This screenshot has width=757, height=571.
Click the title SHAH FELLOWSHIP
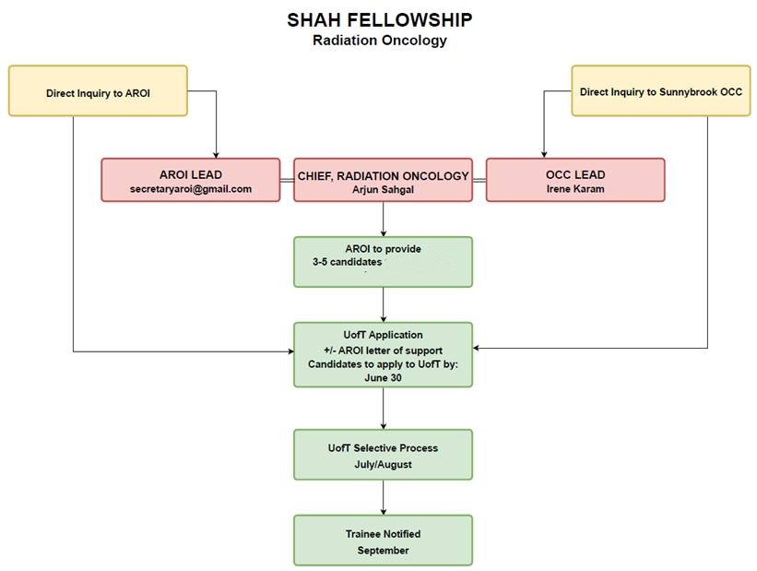(379, 19)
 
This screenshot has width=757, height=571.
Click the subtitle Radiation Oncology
(379, 41)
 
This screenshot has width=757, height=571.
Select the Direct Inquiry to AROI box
(98, 91)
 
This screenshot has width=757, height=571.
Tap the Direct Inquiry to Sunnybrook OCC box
(660, 91)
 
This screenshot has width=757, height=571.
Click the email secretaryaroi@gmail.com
(191, 189)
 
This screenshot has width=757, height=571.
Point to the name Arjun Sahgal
(383, 189)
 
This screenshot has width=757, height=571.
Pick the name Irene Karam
(575, 189)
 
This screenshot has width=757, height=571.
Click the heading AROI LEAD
(191, 174)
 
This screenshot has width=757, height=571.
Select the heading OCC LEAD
(575, 174)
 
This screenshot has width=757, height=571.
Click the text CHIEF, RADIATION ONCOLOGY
(383, 175)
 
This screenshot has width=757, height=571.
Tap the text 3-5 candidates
(347, 262)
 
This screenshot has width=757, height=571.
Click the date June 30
(383, 378)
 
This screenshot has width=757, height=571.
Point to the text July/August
(383, 464)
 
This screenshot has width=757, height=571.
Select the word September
(383, 551)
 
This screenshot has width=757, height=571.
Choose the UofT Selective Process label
(383, 448)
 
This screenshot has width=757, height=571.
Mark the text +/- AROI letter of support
(383, 351)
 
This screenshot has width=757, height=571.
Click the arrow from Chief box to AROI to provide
(383, 220)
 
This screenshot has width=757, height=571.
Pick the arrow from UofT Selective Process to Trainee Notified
(383, 497)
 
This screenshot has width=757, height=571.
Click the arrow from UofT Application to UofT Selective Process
(383, 409)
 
